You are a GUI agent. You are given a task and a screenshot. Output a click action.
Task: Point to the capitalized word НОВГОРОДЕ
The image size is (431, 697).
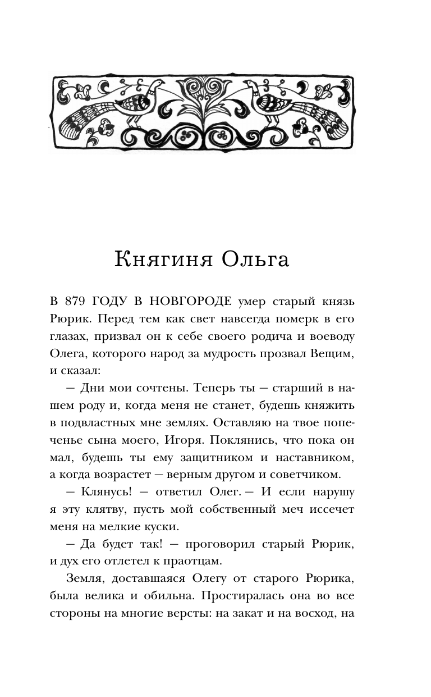point(188,302)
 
